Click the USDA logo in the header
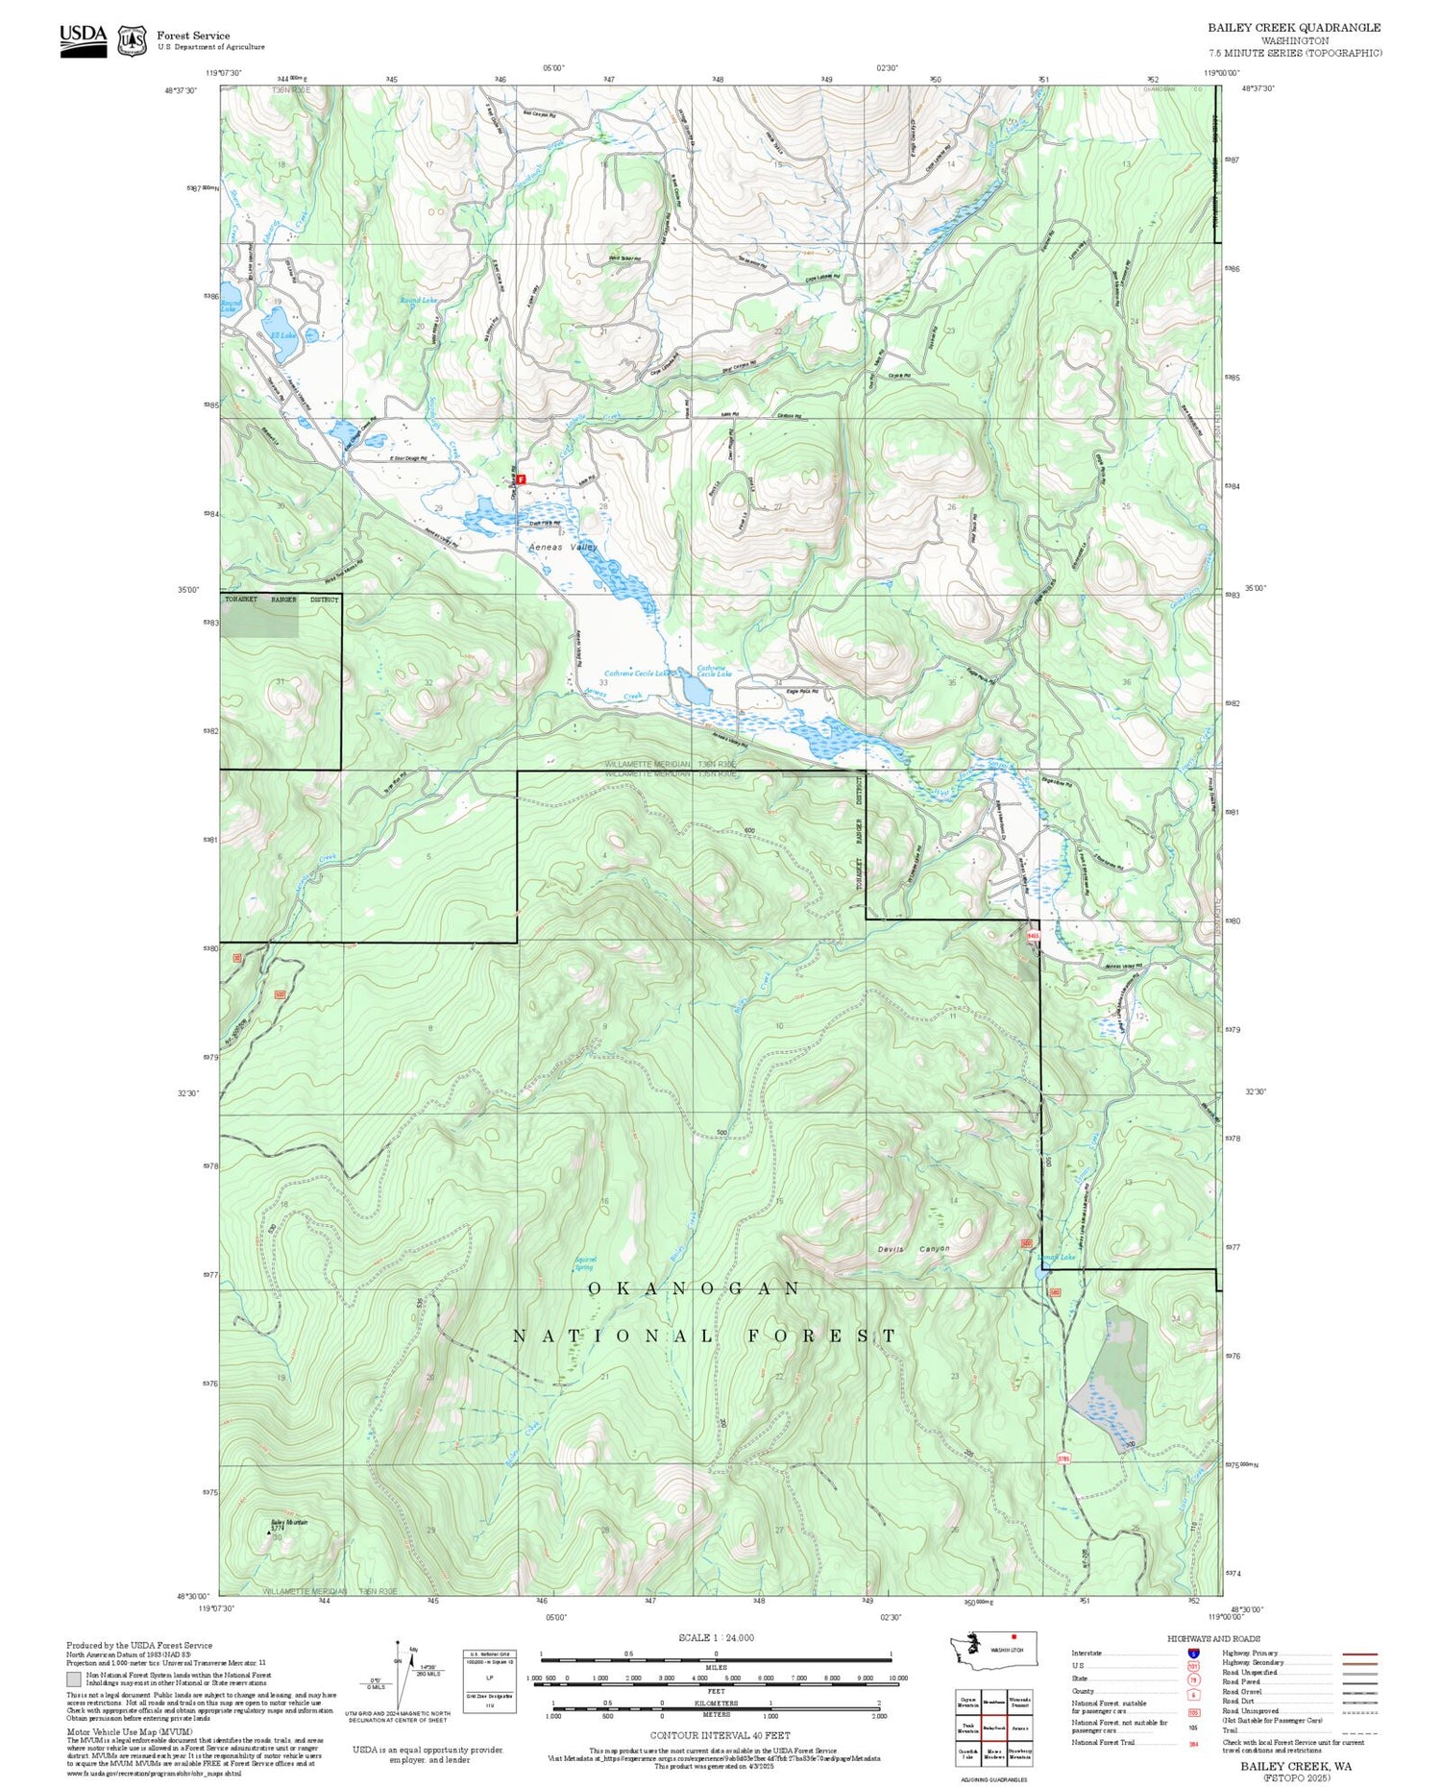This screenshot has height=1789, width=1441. (x=83, y=40)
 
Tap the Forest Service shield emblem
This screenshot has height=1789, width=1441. (x=132, y=41)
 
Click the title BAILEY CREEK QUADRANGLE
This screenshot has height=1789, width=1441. (x=1294, y=28)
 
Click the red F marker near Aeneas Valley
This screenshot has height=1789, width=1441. (x=521, y=478)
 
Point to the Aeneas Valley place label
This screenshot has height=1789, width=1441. (x=563, y=547)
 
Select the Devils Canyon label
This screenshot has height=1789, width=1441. (x=914, y=1249)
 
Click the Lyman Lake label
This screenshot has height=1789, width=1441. (x=1056, y=1258)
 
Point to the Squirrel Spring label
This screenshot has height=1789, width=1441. (x=585, y=1262)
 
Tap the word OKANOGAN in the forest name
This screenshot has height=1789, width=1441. (x=693, y=1288)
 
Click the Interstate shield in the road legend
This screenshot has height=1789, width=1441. (x=1192, y=1653)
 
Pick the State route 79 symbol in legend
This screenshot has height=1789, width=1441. (x=1192, y=1679)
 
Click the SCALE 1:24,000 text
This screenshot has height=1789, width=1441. (x=716, y=1638)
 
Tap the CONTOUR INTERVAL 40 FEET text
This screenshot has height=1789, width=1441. (x=720, y=1735)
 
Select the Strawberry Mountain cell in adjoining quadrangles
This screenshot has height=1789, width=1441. (x=1020, y=1753)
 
